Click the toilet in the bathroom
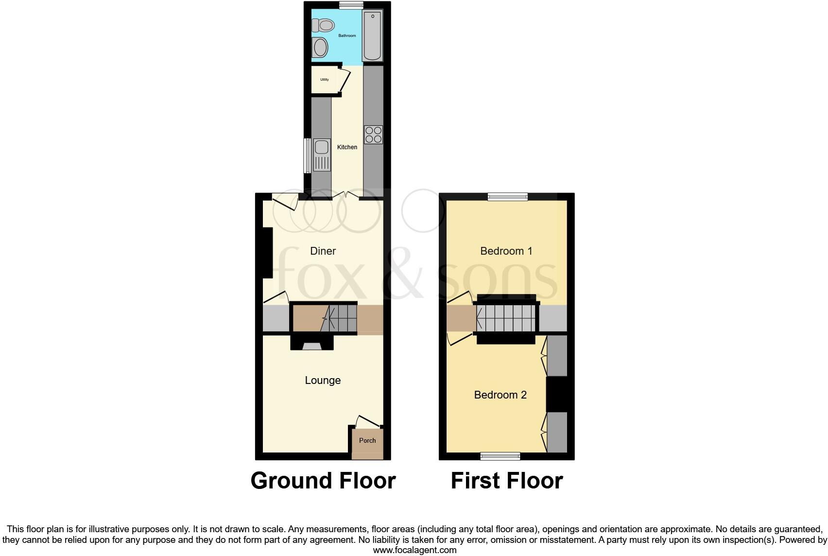323,24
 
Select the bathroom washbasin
320,48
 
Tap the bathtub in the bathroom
373,36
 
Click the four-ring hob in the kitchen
373,135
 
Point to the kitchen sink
322,155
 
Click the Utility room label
324,80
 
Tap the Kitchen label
347,147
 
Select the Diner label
323,251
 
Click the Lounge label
323,380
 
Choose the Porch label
367,440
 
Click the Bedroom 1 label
506,251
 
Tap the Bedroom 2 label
500,395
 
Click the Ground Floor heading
323,480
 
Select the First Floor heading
506,480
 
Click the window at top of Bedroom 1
508,196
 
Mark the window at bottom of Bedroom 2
500,456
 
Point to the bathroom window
351,5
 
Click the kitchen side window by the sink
307,156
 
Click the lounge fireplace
312,345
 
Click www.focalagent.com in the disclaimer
414,550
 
